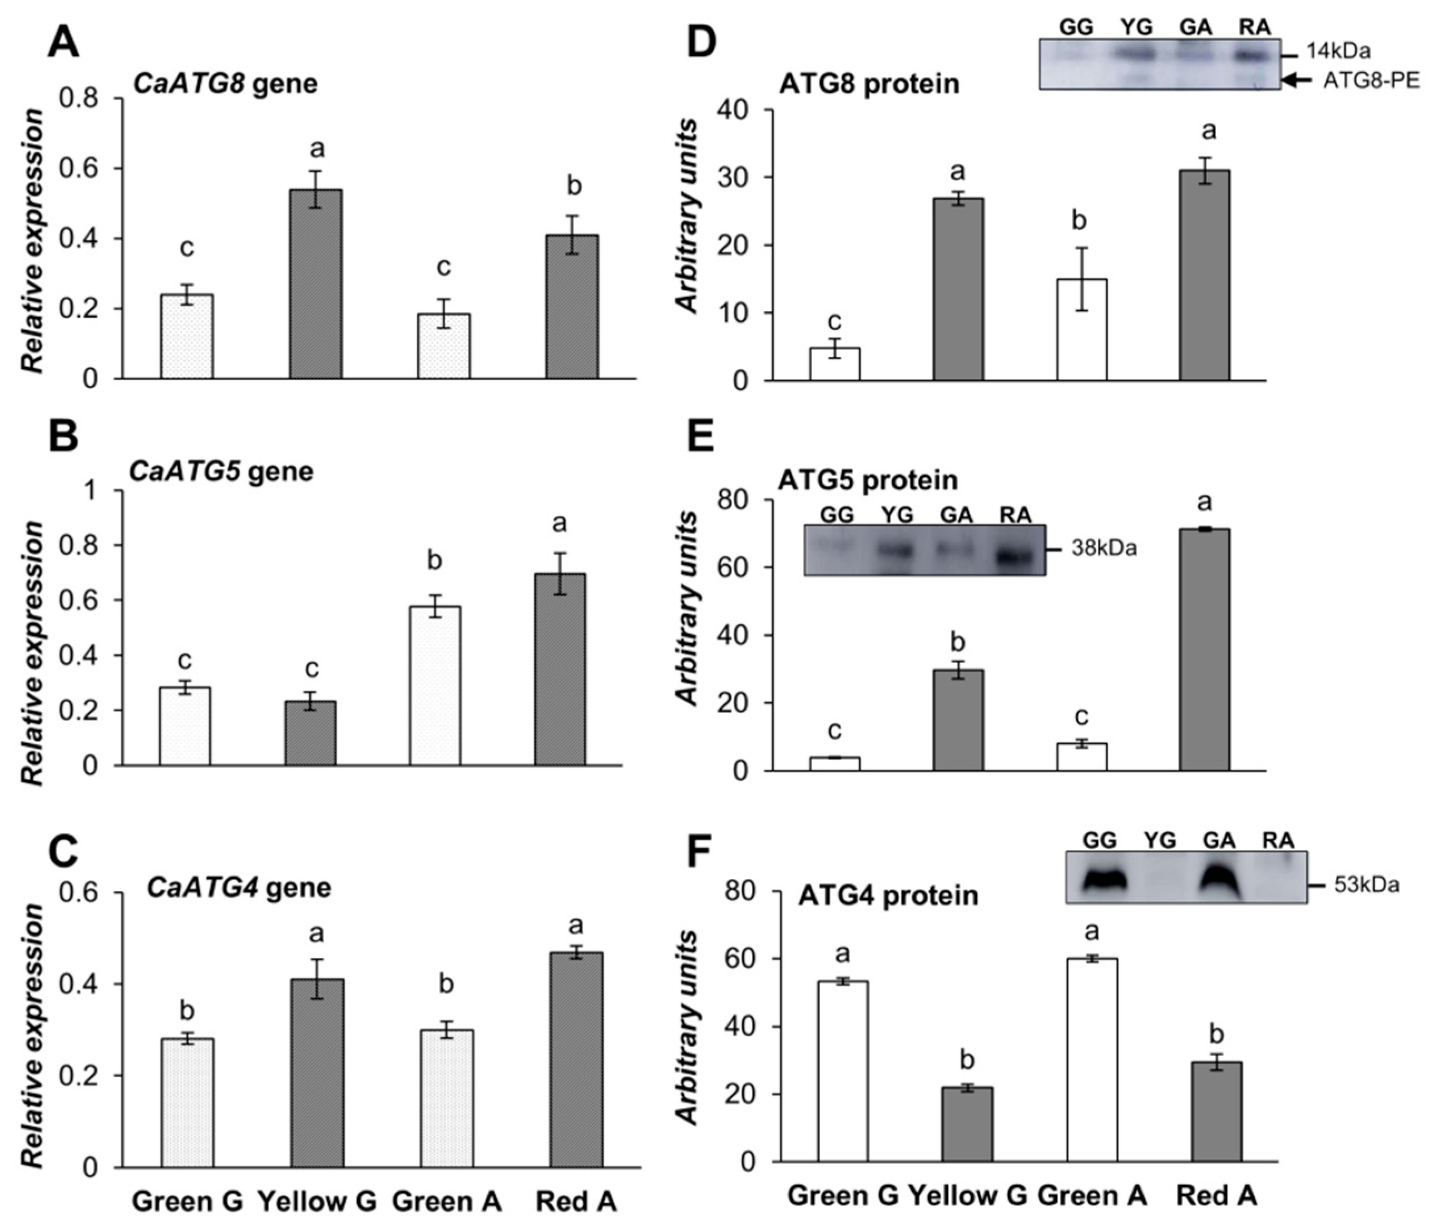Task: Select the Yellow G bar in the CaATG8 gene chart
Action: [316, 284]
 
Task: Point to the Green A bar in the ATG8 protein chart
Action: [1081, 330]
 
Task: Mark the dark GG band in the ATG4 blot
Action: [1104, 880]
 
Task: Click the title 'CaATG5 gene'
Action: [221, 471]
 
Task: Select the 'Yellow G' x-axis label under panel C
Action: [317, 1201]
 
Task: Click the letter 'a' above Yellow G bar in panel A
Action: [317, 148]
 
